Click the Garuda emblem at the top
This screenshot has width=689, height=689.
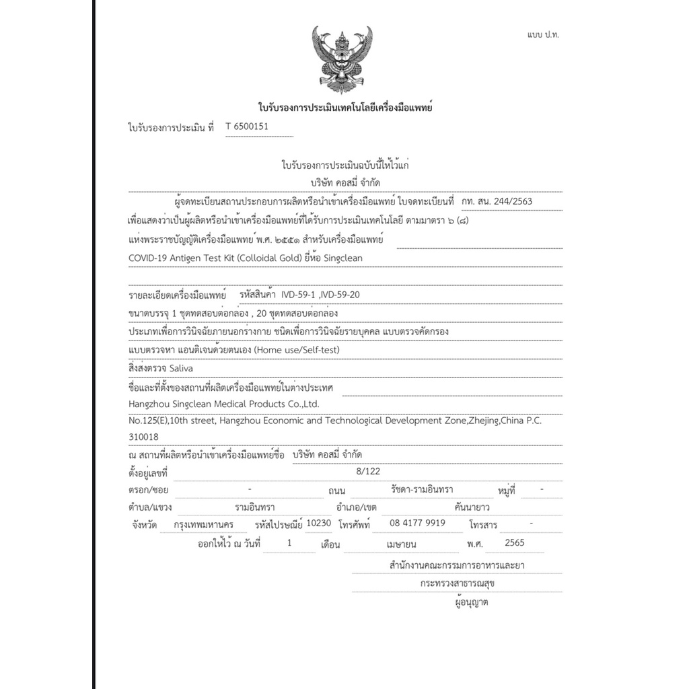(x=342, y=59)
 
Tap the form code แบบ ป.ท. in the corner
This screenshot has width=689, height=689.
(x=543, y=34)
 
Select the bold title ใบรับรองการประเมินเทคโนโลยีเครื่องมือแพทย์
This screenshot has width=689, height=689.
(x=344, y=107)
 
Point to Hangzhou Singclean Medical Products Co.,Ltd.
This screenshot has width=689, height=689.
(x=223, y=404)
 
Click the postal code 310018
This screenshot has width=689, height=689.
(x=143, y=437)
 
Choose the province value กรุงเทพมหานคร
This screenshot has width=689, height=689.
(x=203, y=524)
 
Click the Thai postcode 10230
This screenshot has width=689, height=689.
(x=318, y=522)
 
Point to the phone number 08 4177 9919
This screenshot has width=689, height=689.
(x=417, y=523)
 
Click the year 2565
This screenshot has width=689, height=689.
(x=513, y=542)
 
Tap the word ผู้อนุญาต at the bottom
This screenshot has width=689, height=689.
(x=471, y=602)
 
